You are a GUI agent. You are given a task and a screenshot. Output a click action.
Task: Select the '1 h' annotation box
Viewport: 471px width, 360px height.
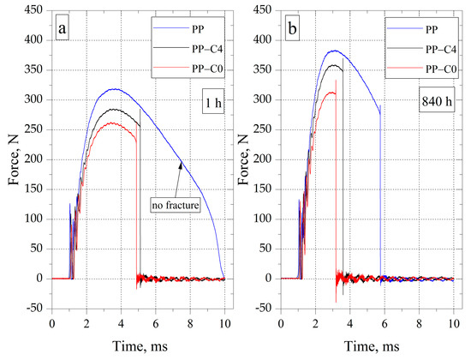[203, 100]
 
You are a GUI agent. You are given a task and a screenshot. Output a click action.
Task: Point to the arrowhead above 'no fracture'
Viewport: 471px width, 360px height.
[180, 165]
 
